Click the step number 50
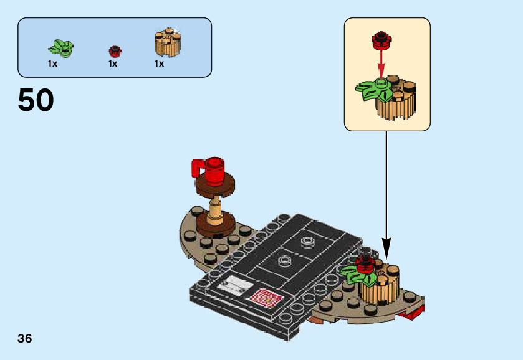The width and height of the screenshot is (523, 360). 36,100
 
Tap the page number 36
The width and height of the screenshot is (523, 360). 25,339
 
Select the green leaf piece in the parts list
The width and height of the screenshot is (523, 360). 60,47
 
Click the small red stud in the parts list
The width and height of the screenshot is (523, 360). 114,50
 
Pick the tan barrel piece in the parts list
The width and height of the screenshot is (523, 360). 167,42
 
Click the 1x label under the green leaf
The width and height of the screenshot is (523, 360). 52,64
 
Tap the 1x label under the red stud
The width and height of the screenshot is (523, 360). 113,64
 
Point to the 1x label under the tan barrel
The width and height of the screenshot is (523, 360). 160,64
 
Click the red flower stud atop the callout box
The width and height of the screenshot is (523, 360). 380,40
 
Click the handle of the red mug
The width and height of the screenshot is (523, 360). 197,168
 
